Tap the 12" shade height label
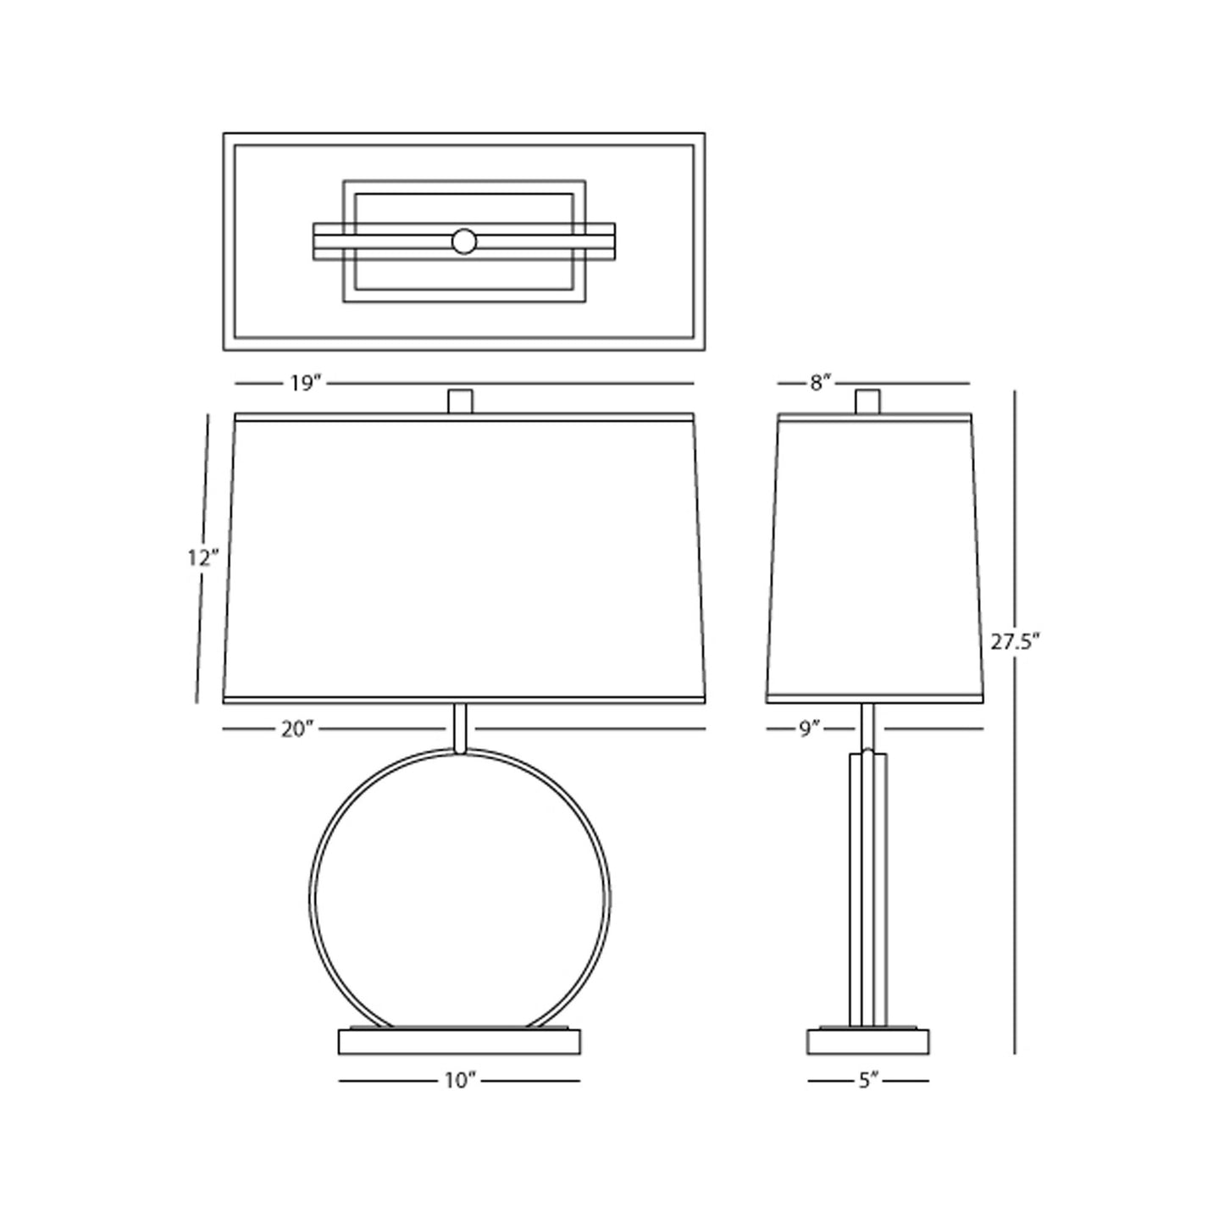click(x=203, y=557)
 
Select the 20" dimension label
click(x=297, y=728)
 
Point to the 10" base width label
click(x=460, y=1081)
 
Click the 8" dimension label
click(x=817, y=384)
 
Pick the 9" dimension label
click(x=810, y=728)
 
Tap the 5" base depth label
click(x=868, y=1081)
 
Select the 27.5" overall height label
click(x=1015, y=641)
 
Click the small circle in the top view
click(x=463, y=241)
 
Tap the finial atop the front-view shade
click(x=460, y=401)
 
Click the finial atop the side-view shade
click(x=867, y=401)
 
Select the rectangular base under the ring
click(x=459, y=1042)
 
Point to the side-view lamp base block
click(x=867, y=1042)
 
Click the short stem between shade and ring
click(x=460, y=727)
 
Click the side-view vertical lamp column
click(x=867, y=889)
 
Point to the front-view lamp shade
click(x=463, y=559)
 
